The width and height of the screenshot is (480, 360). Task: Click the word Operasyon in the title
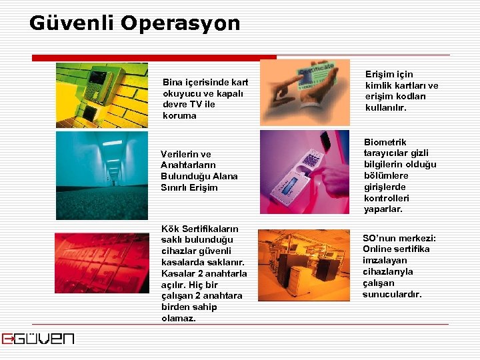180,23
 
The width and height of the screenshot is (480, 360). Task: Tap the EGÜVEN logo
38,339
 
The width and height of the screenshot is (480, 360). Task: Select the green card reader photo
102,95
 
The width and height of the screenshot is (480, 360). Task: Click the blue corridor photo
102,175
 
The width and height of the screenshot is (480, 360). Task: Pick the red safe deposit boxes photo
102,261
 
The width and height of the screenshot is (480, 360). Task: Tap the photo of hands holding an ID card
305,93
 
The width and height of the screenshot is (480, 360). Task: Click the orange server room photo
305,265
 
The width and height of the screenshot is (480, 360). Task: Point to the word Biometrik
385,142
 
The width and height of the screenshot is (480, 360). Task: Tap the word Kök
169,229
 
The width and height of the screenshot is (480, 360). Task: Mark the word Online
378,249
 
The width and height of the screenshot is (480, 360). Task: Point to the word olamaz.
178,319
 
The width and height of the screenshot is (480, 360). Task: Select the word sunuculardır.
392,295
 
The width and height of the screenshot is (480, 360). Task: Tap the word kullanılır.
385,108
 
